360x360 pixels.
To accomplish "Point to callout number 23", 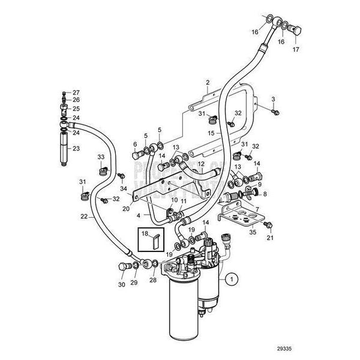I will (76, 148).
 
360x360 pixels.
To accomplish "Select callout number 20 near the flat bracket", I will (125, 209).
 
